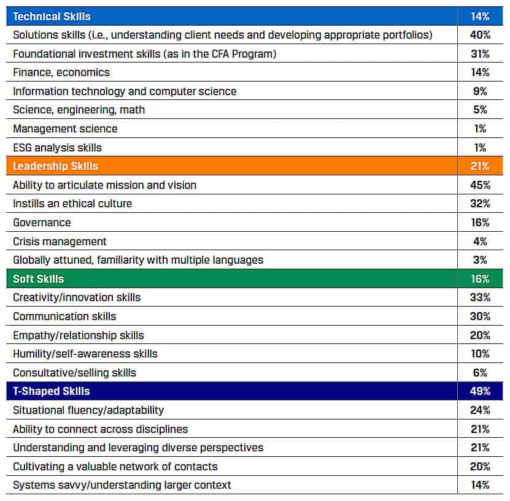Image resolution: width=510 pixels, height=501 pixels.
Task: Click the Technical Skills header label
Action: tap(52, 16)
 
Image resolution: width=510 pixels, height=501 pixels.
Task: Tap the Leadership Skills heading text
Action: tap(55, 166)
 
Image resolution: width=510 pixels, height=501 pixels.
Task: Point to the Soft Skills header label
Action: tap(39, 279)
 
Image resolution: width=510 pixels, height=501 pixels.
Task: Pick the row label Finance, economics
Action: tap(61, 72)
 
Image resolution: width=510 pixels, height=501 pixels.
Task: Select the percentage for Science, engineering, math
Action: tap(481, 110)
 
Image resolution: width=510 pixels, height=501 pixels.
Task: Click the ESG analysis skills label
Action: tap(57, 148)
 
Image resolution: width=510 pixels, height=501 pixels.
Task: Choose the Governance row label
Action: tap(42, 223)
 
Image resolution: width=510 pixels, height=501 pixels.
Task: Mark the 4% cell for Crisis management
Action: tap(481, 241)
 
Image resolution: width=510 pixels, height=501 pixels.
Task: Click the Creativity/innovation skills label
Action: tap(77, 297)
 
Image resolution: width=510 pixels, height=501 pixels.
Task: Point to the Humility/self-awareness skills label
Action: tap(85, 354)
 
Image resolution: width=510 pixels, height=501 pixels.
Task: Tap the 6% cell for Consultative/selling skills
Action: tap(481, 373)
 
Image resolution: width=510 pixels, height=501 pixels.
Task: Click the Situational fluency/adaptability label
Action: tap(88, 410)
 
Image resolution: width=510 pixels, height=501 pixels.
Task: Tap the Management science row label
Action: tap(65, 129)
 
